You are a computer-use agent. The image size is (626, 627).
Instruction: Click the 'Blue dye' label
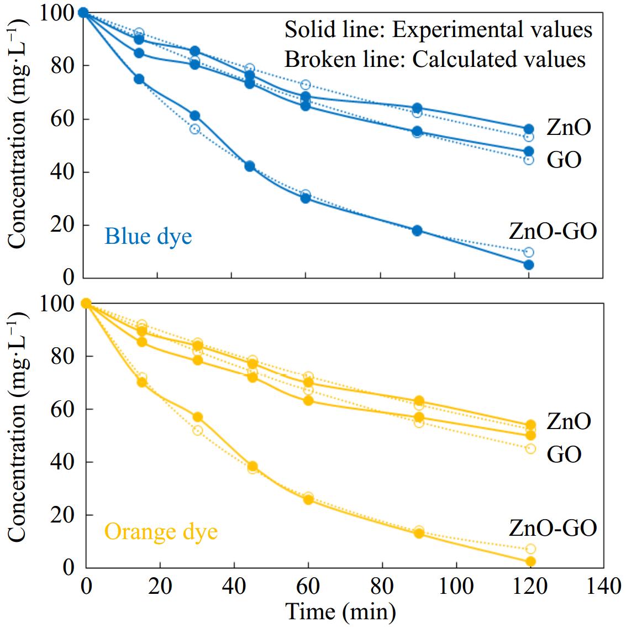point(148,237)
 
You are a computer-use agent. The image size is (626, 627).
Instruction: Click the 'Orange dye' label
point(161,532)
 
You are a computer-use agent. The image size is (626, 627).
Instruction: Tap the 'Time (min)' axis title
point(340,612)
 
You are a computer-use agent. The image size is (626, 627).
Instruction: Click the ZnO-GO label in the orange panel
point(553,528)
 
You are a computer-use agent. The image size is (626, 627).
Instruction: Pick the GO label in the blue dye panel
point(564,160)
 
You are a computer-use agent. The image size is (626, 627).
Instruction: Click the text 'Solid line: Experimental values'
point(438,30)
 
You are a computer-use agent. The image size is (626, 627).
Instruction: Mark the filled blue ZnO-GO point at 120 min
point(529,265)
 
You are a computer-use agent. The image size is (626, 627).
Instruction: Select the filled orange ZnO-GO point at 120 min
point(530,562)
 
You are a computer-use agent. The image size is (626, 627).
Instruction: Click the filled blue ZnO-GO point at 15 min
point(139,79)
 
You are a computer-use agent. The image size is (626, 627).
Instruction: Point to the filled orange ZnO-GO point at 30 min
point(197,417)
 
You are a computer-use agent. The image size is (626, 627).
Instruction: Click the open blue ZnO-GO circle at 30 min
point(194,129)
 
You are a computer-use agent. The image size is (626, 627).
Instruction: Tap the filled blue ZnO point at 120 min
point(529,129)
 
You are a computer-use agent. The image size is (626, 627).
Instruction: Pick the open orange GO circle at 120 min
point(530,448)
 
